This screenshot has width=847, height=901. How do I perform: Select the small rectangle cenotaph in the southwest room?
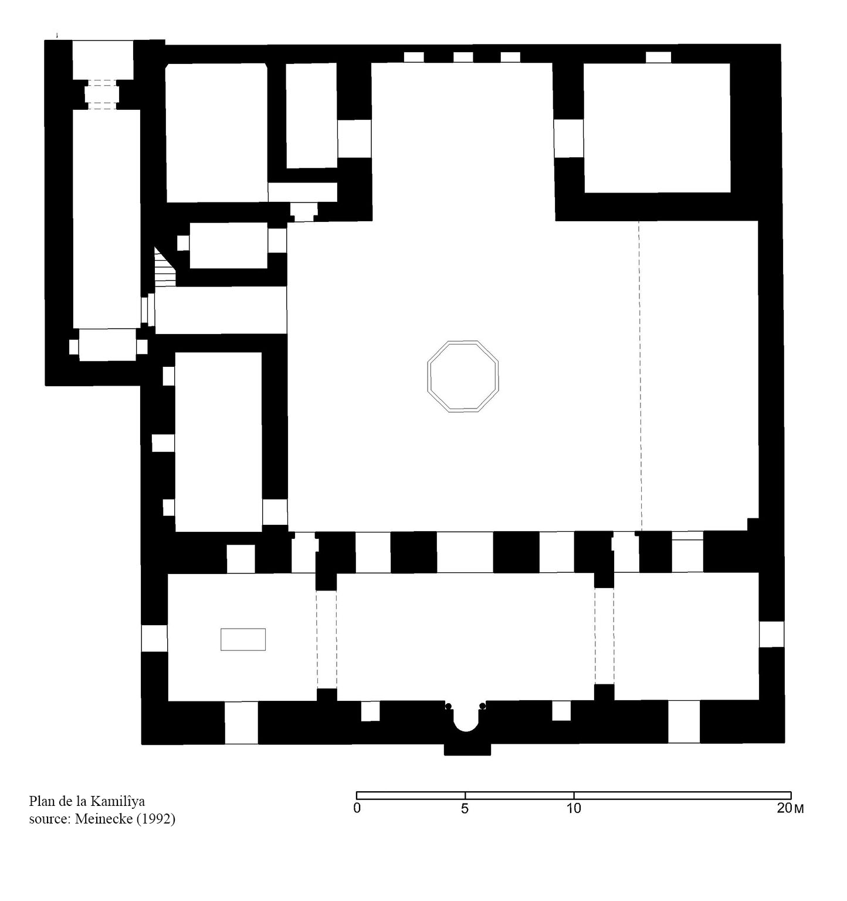(x=243, y=640)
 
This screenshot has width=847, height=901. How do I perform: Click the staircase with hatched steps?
(x=165, y=267)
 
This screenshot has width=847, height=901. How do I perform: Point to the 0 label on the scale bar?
(x=357, y=809)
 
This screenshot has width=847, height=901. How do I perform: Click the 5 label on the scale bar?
(x=465, y=809)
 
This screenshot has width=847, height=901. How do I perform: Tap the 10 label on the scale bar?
(x=574, y=809)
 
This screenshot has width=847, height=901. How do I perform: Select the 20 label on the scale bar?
(x=784, y=809)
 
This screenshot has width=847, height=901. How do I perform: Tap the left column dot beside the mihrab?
(x=449, y=706)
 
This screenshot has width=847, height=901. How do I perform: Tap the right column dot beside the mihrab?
(x=483, y=706)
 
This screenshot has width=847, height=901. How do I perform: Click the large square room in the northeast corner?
(x=657, y=128)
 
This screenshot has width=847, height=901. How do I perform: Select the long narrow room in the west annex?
(x=107, y=219)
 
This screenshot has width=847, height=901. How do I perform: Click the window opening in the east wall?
(x=772, y=634)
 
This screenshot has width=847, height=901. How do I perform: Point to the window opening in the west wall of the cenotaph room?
(x=155, y=638)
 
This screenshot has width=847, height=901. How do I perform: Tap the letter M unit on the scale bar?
(x=798, y=809)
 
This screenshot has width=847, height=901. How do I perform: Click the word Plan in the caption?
(x=40, y=801)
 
